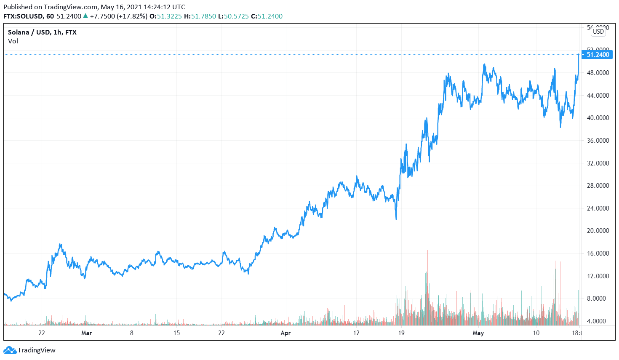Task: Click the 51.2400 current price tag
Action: tap(597, 55)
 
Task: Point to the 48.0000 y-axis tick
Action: tap(598, 73)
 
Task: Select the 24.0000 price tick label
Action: tap(598, 208)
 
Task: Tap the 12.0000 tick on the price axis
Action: tap(598, 276)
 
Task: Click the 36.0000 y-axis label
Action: tap(598, 141)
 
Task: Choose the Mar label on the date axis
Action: tap(86, 333)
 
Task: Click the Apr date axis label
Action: tap(285, 333)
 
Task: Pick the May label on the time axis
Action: tap(478, 333)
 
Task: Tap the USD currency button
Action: tap(598, 32)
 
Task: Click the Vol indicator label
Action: tap(13, 41)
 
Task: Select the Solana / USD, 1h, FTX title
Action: tap(42, 32)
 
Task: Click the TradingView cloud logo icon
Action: tap(10, 350)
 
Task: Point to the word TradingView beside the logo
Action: tap(37, 350)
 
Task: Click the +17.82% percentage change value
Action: tap(131, 16)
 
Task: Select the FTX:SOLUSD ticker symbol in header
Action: tap(23, 16)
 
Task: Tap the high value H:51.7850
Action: tap(200, 16)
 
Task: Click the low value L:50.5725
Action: tap(233, 16)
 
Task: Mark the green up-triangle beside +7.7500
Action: tap(85, 16)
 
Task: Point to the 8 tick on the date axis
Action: tap(132, 333)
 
